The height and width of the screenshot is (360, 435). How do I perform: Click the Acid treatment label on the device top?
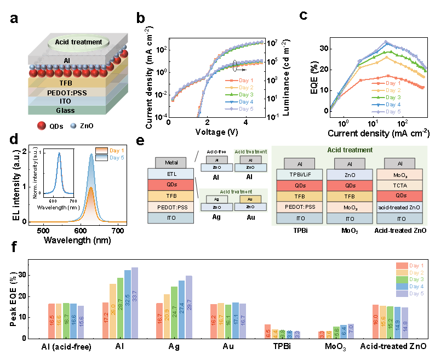pyautogui.click(x=78, y=42)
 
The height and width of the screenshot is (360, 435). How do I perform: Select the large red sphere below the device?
pyautogui.click(x=41, y=126)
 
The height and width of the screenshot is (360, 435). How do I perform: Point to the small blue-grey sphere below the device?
pyautogui.click(x=73, y=126)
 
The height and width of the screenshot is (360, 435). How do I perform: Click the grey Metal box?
pyautogui.click(x=171, y=163)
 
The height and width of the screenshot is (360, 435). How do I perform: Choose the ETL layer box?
pyautogui.click(x=171, y=174)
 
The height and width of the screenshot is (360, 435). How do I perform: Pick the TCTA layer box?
pyautogui.click(x=399, y=186)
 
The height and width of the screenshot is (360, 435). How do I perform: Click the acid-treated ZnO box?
pyautogui.click(x=399, y=207)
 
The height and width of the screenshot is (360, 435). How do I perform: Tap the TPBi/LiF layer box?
pyautogui.click(x=299, y=175)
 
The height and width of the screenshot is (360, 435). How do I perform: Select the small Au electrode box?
pyautogui.click(x=250, y=199)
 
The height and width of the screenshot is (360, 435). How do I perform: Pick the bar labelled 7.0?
pyautogui.click(x=351, y=332)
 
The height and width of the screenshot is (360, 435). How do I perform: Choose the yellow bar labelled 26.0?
pyautogui.click(x=113, y=311)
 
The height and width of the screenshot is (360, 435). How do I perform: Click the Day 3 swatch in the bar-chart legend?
pyautogui.click(x=402, y=279)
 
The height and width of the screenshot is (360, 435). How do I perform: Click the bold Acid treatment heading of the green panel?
pyautogui.click(x=350, y=150)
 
